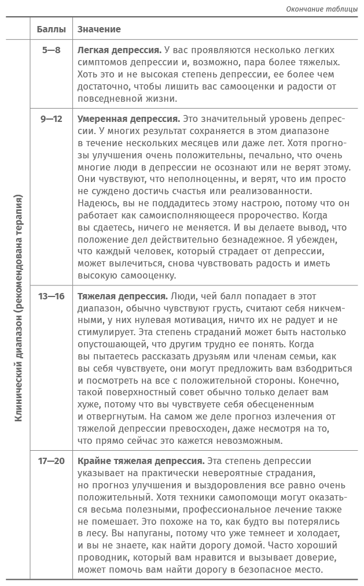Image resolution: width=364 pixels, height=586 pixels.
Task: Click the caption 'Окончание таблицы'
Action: coord(322,8)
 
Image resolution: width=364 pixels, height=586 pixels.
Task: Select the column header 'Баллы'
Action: coord(51,29)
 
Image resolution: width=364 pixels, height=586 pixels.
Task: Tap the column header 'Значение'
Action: coord(99,29)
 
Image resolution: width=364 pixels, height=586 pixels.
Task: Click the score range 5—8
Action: coord(51,50)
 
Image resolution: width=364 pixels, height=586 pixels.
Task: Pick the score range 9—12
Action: coord(51,119)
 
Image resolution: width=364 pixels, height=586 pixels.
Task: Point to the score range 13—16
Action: coord(51,296)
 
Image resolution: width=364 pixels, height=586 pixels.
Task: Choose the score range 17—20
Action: coord(51,461)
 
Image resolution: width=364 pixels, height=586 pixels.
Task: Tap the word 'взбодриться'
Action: coord(325,368)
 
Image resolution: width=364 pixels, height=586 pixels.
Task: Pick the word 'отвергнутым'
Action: coord(113,416)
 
